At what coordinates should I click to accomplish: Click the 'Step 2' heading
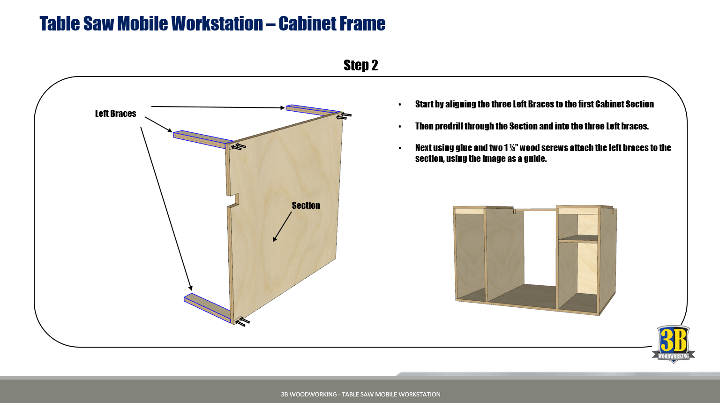tap(360, 65)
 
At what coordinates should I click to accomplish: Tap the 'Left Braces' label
tap(115, 114)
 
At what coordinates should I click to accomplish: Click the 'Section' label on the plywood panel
tap(306, 205)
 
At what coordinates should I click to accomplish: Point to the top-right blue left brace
tap(313, 110)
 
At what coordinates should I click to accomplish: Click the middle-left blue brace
tap(203, 139)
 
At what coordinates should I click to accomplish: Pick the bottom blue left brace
tap(208, 308)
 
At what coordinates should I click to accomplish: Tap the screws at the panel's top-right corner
tap(344, 116)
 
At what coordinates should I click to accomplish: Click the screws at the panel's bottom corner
tap(243, 322)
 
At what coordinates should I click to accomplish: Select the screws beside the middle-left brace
tap(239, 147)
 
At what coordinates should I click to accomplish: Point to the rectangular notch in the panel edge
tap(233, 200)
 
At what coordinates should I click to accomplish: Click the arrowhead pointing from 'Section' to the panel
tap(275, 239)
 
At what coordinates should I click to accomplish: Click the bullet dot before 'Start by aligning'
tap(400, 105)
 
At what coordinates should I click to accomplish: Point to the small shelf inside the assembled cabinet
tap(578, 238)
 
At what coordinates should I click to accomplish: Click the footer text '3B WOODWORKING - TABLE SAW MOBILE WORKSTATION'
tap(360, 394)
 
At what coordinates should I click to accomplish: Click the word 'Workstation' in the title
tap(217, 23)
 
